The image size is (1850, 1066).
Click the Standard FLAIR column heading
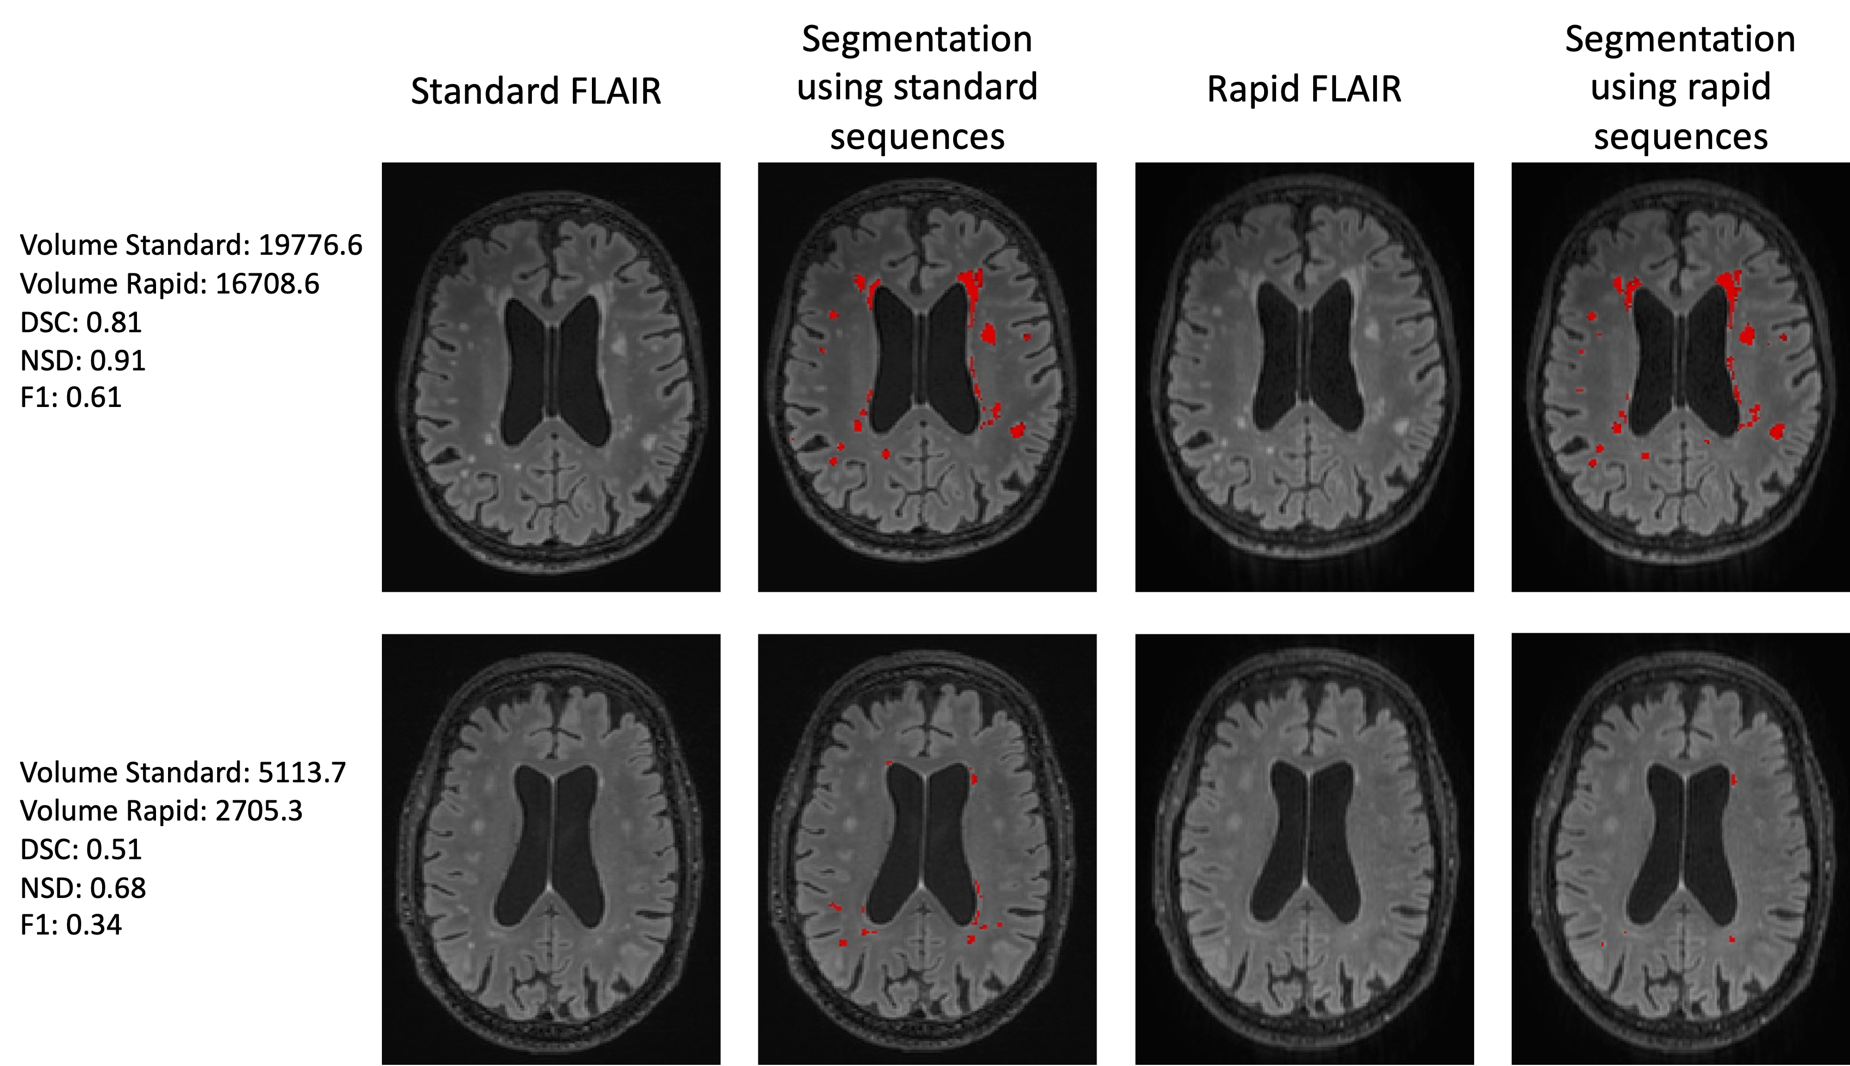pos(535,92)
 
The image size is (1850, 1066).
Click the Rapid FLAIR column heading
pos(1304,89)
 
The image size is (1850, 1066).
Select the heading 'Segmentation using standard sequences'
pos(917,88)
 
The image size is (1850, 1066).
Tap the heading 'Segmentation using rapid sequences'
pos(1680,88)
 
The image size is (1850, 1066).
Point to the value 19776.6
pos(310,245)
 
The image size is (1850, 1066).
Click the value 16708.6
pos(267,284)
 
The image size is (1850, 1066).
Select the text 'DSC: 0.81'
pos(81,322)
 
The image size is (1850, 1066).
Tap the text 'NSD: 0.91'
pos(83,360)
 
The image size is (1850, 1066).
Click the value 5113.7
pos(302,772)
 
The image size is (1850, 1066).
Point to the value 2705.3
pos(259,811)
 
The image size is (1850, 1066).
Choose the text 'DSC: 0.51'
pos(81,849)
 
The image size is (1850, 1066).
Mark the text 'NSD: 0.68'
pos(83,888)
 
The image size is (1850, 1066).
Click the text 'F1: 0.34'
pos(70,925)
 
